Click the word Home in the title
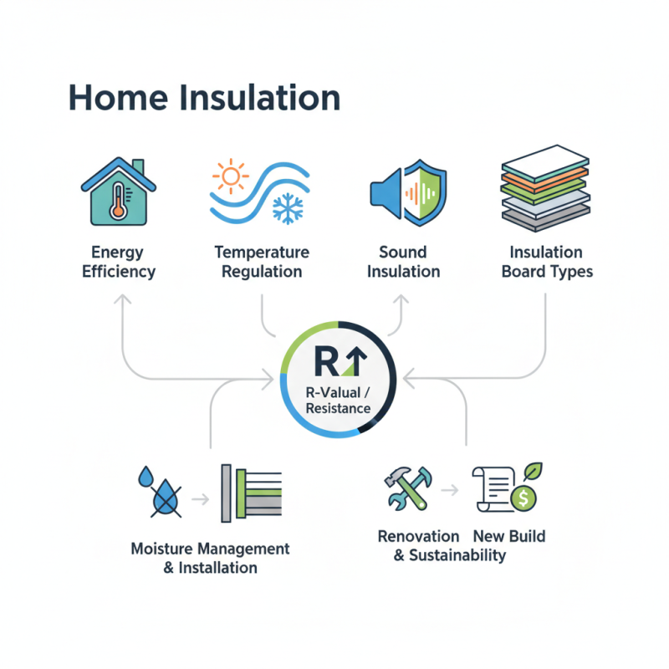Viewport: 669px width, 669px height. [x=116, y=98]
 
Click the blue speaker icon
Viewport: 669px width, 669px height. [x=386, y=192]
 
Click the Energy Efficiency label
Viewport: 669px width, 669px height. [x=119, y=262]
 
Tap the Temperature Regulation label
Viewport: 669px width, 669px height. [x=261, y=262]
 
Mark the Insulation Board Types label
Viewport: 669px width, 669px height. [x=547, y=262]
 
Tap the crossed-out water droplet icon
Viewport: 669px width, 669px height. [x=163, y=493]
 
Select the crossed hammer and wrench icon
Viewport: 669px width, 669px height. [x=408, y=488]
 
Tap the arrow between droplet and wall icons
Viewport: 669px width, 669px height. [x=201, y=500]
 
